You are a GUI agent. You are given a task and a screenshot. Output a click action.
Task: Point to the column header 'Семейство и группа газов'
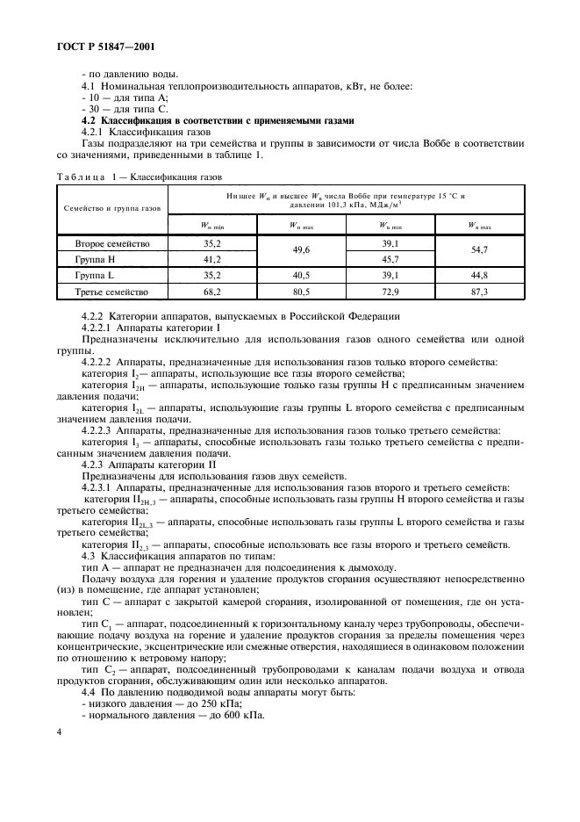(112, 209)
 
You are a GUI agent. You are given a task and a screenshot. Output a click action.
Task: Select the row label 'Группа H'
(95, 260)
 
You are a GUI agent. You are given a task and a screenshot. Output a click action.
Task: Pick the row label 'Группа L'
(94, 275)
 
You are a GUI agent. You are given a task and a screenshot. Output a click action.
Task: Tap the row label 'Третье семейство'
(112, 292)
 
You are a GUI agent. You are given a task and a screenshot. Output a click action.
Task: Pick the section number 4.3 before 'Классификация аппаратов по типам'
(88, 556)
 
